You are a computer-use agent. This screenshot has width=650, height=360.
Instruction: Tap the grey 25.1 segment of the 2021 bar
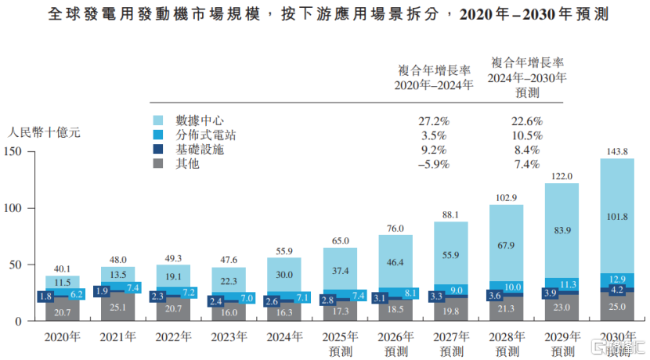point(118,306)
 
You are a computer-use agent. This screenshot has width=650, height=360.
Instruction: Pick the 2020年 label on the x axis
point(63,337)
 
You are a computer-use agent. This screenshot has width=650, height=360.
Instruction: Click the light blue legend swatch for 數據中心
point(158,121)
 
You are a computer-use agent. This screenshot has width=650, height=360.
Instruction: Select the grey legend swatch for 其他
point(158,164)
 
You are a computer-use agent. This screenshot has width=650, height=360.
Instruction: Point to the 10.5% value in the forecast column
point(525,135)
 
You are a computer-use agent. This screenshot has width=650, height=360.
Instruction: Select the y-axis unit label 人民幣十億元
point(44,132)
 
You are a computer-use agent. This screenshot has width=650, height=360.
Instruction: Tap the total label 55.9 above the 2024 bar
point(285,250)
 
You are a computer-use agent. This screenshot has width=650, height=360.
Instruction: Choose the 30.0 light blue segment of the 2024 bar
point(285,275)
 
